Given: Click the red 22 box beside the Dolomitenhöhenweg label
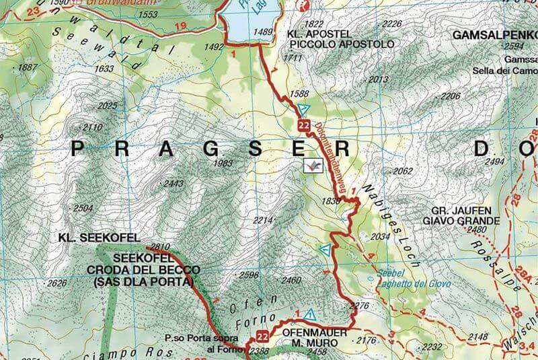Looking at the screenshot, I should (x=303, y=126).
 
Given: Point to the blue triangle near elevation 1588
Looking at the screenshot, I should (x=303, y=109).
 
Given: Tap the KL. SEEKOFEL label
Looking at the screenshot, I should (x=98, y=238).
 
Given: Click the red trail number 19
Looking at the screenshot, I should (x=180, y=26).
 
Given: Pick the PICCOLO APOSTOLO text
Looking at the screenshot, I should (x=342, y=44).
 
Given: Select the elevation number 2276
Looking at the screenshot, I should (x=360, y=306).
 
